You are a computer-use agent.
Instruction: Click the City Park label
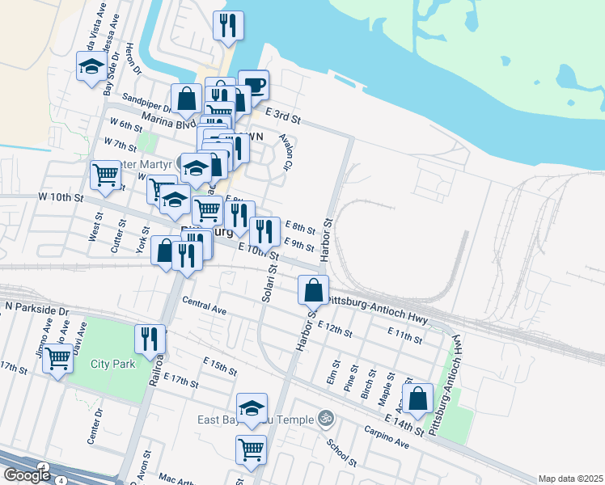coord(112,364)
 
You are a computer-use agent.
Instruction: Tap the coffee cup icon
coord(253,84)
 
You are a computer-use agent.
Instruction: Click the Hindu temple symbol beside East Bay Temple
coord(325,419)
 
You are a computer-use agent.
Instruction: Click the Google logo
coord(26,475)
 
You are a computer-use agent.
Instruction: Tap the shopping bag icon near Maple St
coord(417,397)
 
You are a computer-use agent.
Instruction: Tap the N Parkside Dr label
coord(38,309)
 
